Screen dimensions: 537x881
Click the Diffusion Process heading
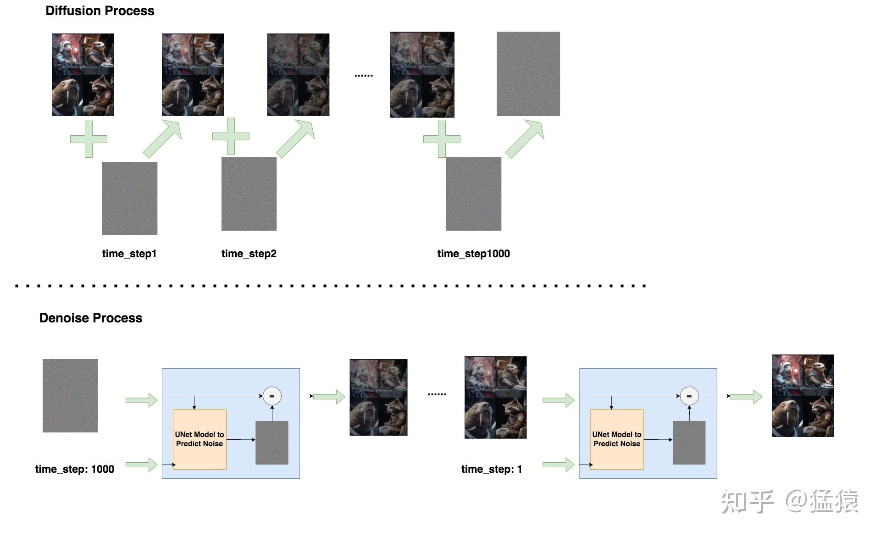coord(100,11)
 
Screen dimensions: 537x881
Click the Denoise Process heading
coord(90,318)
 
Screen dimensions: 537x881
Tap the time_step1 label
coord(129,254)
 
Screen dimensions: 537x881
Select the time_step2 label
coord(249,254)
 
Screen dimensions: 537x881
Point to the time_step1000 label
coord(473,254)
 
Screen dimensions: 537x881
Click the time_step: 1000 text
coord(74,469)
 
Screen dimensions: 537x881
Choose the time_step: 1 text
coord(491,469)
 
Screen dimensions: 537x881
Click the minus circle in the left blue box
coord(272,396)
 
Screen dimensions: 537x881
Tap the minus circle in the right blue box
coord(689,396)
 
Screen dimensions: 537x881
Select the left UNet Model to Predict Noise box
coord(199,439)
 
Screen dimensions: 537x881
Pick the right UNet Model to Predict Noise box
coord(616,439)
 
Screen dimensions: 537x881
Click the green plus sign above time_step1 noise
coord(89,139)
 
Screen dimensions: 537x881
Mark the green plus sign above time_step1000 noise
coord(442,139)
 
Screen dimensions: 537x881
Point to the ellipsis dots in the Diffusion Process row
coord(364,75)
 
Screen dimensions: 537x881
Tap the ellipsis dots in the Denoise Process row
coord(437,393)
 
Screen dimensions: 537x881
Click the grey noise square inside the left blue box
coord(272,443)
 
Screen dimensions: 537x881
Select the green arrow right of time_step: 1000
coord(141,465)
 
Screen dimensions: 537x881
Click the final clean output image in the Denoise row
coord(802,395)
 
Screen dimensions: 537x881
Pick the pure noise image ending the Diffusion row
coord(528,73)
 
